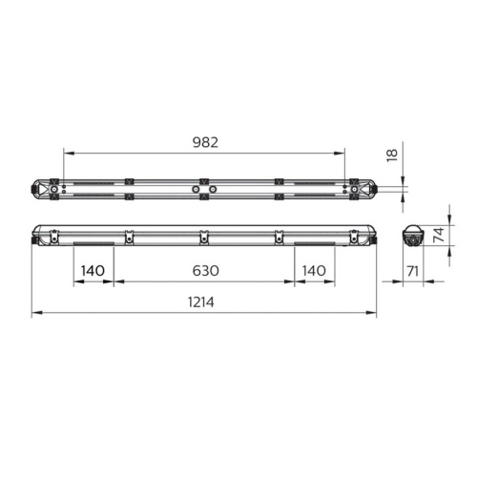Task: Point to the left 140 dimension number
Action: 93,271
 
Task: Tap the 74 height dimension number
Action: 441,236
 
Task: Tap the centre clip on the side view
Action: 202,235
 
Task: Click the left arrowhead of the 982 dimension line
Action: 67,153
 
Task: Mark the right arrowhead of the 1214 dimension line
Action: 372,313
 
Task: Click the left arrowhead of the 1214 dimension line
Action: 35,313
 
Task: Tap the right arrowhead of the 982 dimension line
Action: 342,153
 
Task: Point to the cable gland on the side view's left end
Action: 34,239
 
